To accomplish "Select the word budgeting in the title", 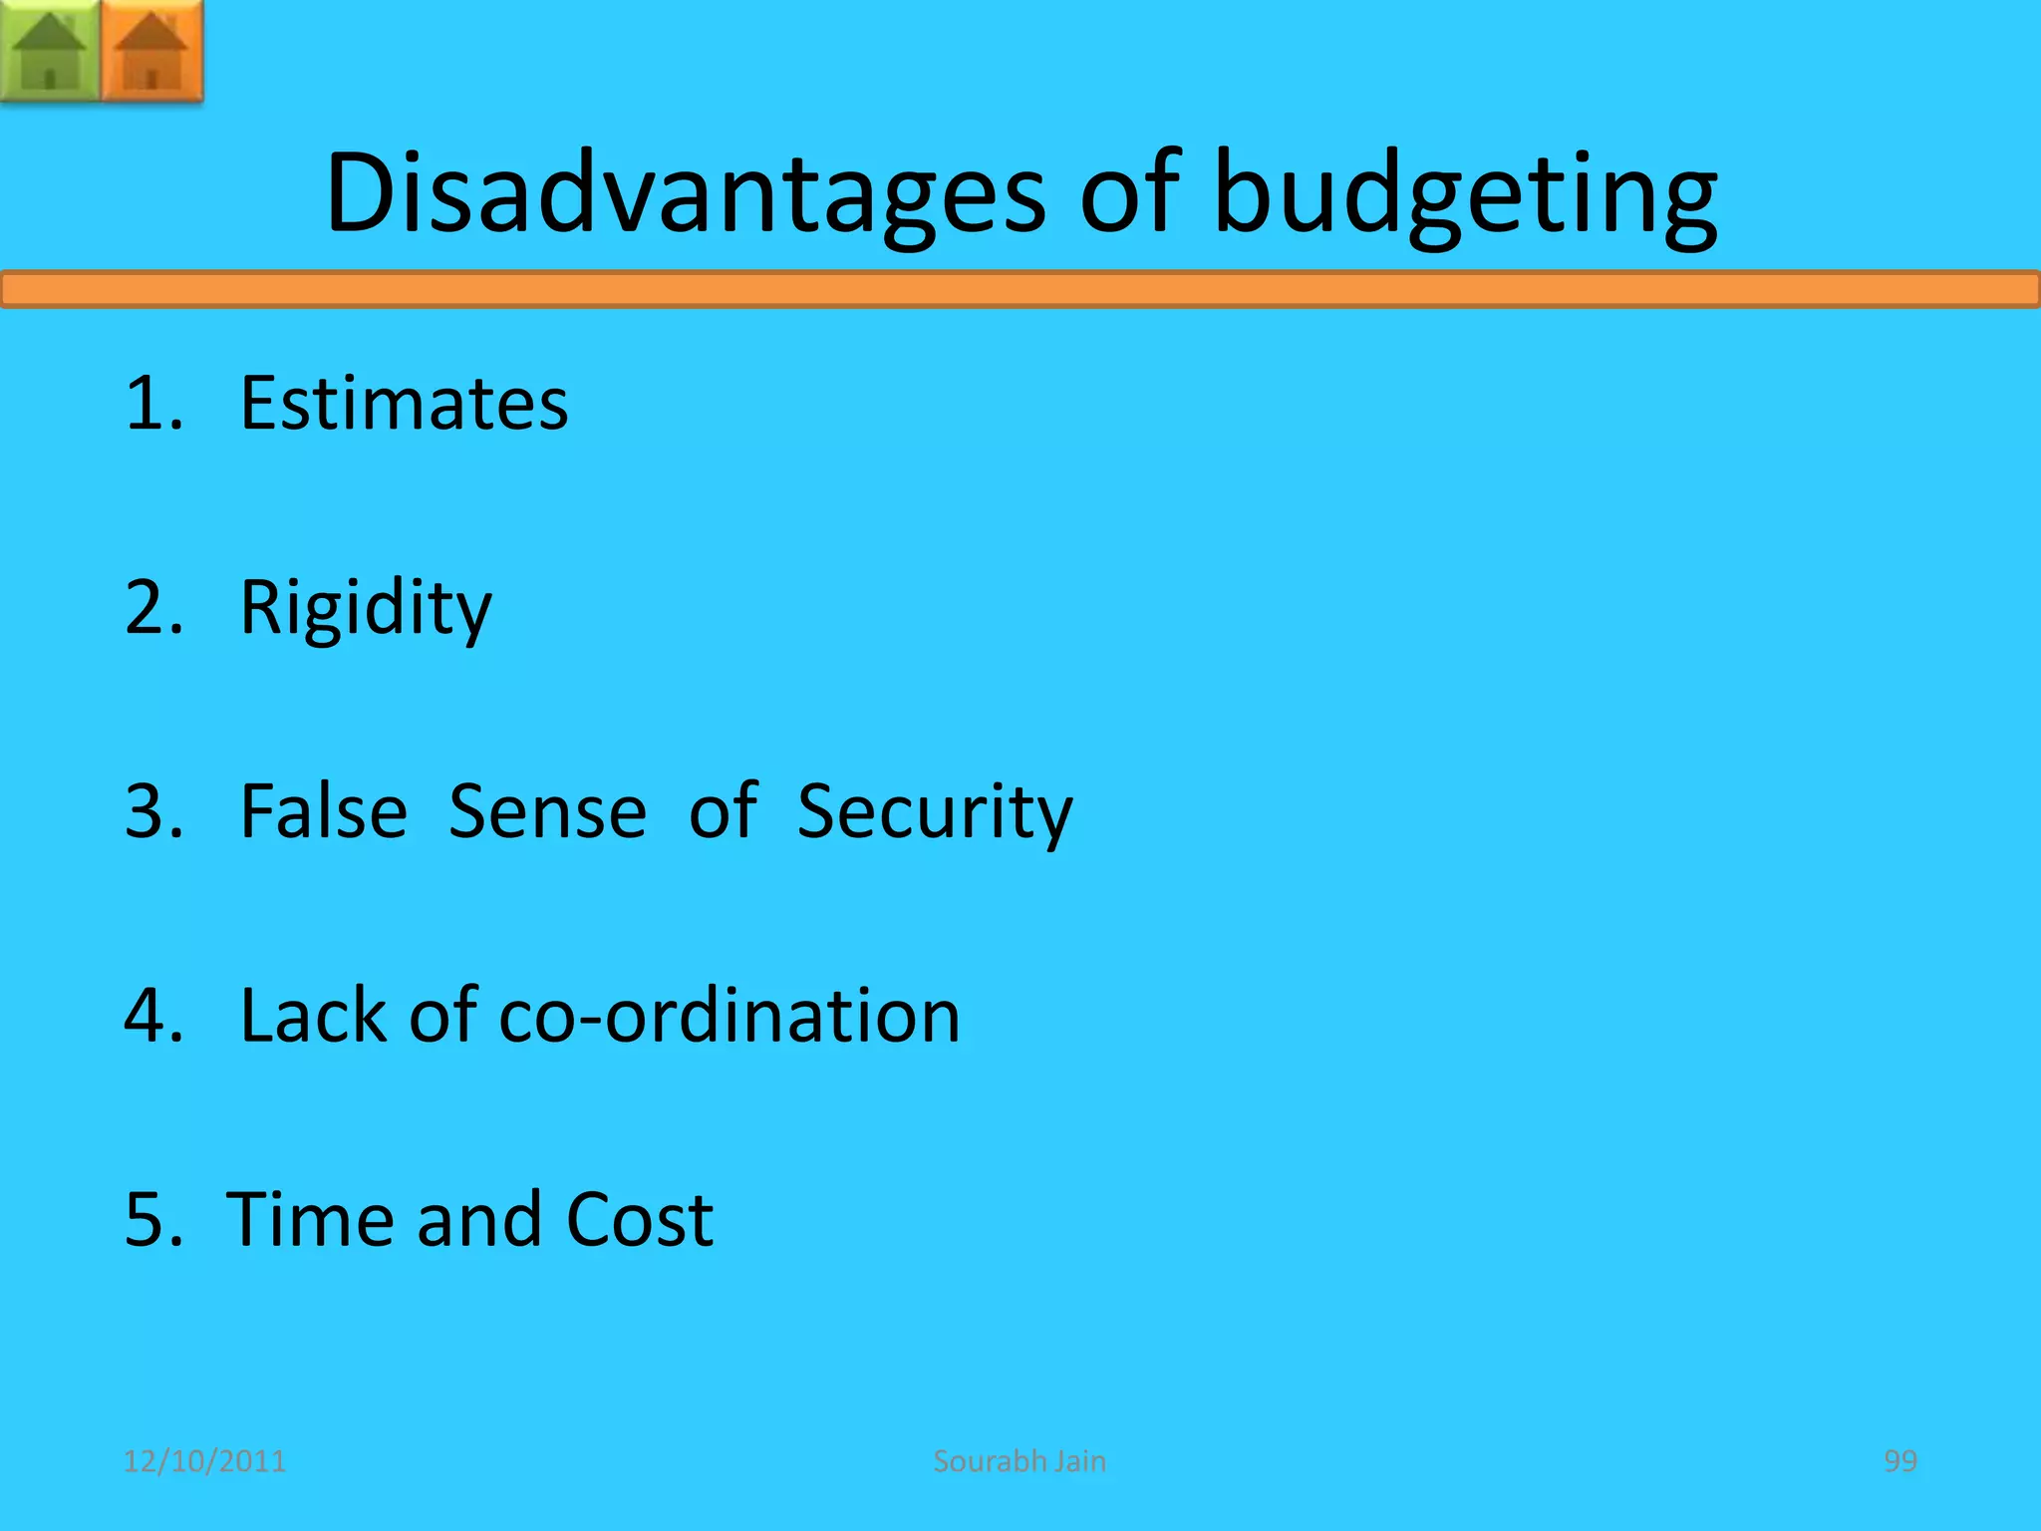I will point(1465,194).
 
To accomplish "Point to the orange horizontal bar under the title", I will point(1020,290).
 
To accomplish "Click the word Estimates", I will point(404,403).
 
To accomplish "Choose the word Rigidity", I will point(366,607).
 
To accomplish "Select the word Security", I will point(935,812).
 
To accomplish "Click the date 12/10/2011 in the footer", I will point(204,1461).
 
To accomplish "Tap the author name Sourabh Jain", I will point(1020,1461).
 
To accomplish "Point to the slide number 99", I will point(1899,1461).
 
